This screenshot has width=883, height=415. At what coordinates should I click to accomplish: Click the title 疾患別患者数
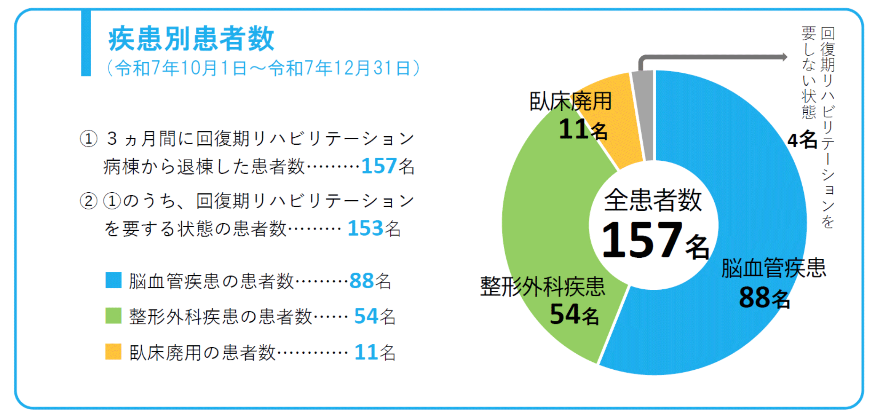pyautogui.click(x=191, y=39)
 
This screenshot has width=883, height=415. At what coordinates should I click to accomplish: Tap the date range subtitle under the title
pyautogui.click(x=263, y=69)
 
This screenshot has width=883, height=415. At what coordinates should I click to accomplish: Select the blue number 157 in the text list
pyautogui.click(x=379, y=166)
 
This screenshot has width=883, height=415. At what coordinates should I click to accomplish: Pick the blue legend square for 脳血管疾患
pyautogui.click(x=113, y=280)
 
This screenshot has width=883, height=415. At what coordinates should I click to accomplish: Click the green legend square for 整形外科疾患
pyautogui.click(x=113, y=316)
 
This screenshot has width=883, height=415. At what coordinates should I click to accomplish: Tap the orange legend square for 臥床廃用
pyautogui.click(x=113, y=352)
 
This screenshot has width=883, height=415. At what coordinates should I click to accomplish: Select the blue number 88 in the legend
pyautogui.click(x=361, y=281)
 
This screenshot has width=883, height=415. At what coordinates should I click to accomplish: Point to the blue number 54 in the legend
pyautogui.click(x=366, y=316)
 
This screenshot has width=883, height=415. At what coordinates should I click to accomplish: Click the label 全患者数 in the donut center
pyautogui.click(x=653, y=200)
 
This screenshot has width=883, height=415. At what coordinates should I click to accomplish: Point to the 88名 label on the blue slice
pyautogui.click(x=764, y=298)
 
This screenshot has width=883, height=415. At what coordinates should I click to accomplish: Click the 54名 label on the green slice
pyautogui.click(x=574, y=314)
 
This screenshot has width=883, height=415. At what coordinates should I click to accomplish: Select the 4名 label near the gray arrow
pyautogui.click(x=802, y=140)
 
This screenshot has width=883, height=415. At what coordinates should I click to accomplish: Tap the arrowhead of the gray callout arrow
pyautogui.click(x=784, y=57)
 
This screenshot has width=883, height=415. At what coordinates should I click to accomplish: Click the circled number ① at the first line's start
pyautogui.click(x=89, y=139)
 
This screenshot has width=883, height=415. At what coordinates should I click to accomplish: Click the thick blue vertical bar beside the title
pyautogui.click(x=86, y=43)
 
